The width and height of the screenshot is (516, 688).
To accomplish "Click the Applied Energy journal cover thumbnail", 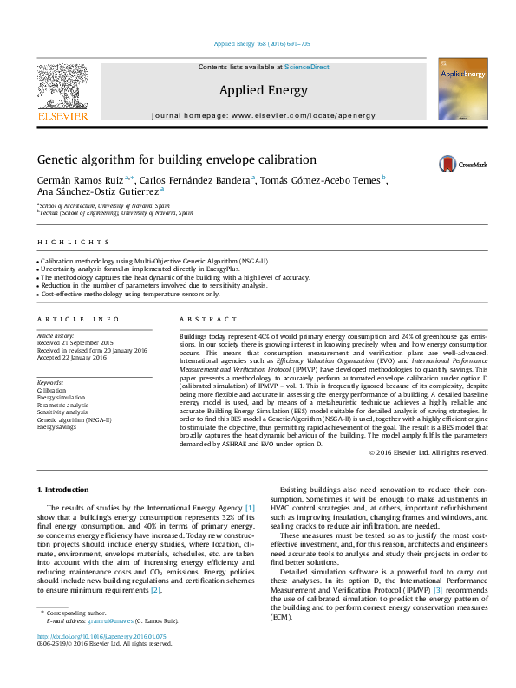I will pos(462,89).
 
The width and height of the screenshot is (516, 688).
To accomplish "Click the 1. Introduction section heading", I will pos(66,490).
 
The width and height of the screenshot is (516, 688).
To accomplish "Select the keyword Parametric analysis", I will pos(62,405).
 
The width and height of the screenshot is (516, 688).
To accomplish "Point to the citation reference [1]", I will pos(250,507).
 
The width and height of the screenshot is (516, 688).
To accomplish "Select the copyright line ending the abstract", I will pos(428,452).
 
